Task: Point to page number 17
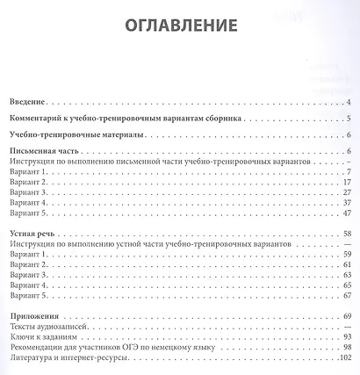[x=347, y=182]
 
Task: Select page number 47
[x=347, y=213]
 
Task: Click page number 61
[x=347, y=264]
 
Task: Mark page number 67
[x=347, y=295]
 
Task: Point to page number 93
[x=347, y=336]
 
